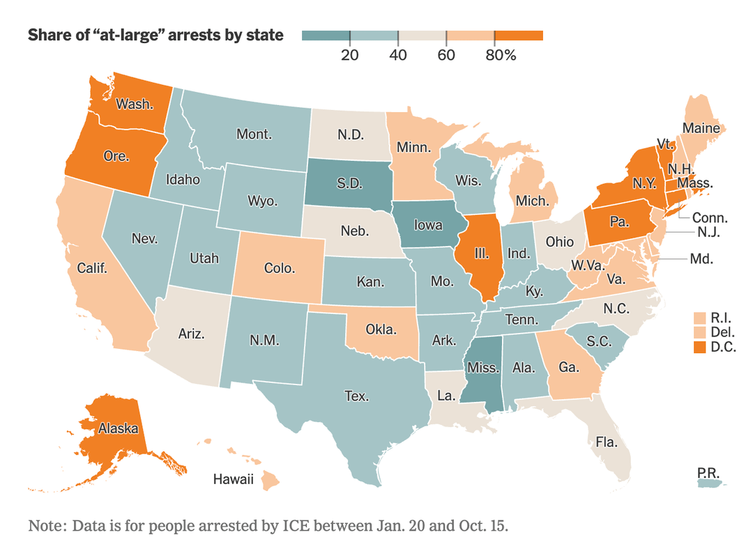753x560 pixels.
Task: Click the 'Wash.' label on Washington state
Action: coord(135,104)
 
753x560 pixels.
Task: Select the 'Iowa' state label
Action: coord(428,225)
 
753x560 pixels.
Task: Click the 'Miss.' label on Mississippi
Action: coord(482,367)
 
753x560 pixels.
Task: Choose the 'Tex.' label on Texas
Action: coord(356,396)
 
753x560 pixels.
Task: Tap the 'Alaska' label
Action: coord(118,428)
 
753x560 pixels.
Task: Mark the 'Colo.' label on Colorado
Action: coord(280,267)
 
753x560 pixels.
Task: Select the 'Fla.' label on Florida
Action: coord(605,440)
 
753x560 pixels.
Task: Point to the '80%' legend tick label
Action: coord(501,56)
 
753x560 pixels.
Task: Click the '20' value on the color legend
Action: coord(349,56)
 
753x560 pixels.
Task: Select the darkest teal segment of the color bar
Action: coord(326,35)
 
